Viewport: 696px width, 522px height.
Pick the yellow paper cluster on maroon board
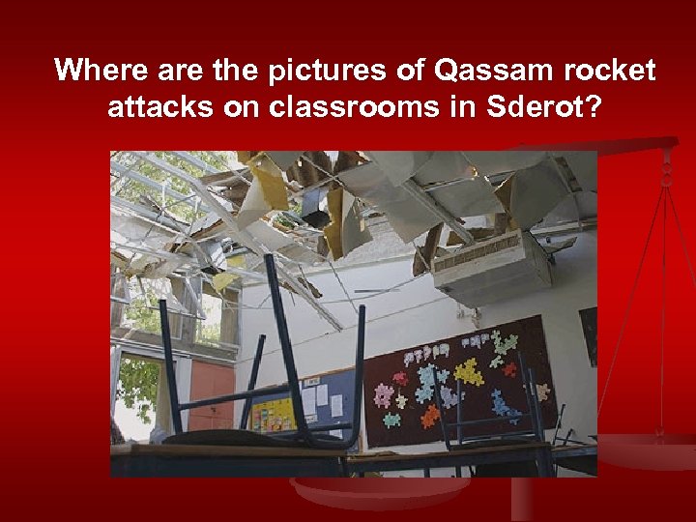point(468,370)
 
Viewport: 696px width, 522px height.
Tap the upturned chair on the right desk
point(493,406)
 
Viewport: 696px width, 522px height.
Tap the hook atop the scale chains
point(666,175)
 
